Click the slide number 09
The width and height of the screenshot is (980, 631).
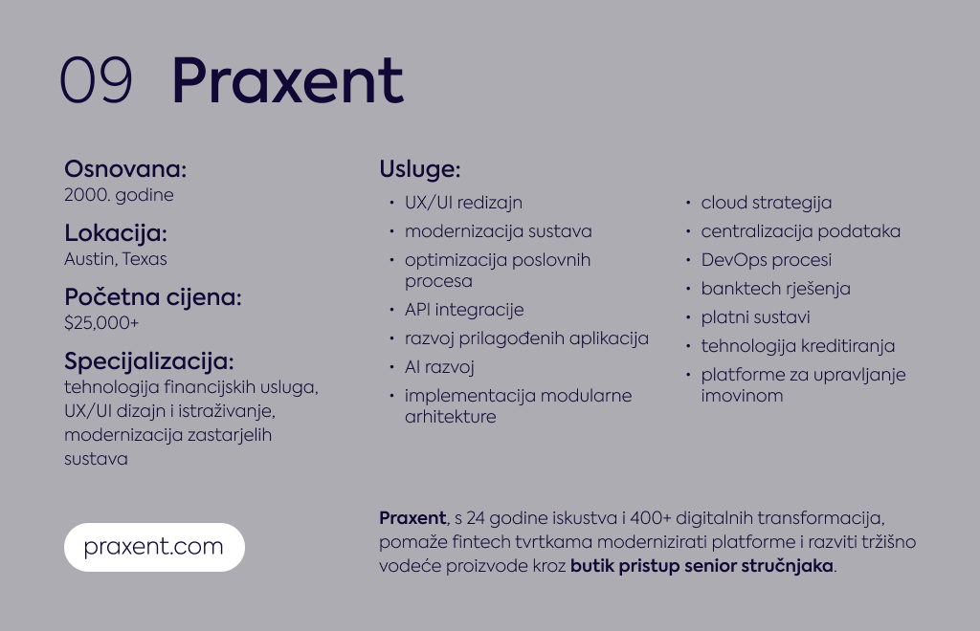[x=96, y=80]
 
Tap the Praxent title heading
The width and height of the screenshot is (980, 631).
[x=287, y=80]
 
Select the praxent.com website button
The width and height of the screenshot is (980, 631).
[x=154, y=547]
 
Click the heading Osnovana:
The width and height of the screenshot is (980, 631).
[x=125, y=169]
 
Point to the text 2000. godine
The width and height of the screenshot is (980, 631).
[x=119, y=195]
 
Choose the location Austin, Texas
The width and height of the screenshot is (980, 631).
[x=116, y=259]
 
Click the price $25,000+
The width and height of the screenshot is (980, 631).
[x=101, y=323]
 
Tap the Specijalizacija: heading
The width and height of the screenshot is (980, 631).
[x=148, y=361]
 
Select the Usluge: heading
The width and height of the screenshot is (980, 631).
[x=420, y=169]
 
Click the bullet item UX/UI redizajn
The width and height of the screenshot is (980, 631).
[x=463, y=203]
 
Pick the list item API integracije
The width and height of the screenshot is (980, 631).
[x=464, y=310]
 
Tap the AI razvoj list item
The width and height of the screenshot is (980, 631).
[x=439, y=367]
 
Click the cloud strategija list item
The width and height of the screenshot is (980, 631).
[x=767, y=203]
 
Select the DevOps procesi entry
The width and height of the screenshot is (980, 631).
[x=767, y=260]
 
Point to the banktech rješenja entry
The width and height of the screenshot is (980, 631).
[x=775, y=289]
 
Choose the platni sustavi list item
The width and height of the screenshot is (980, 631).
[x=755, y=317]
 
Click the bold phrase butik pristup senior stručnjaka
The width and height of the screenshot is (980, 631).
[x=702, y=566]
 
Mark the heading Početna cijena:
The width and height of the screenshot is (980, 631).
[x=152, y=297]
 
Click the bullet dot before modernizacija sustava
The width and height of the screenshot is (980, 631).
[x=391, y=231]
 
